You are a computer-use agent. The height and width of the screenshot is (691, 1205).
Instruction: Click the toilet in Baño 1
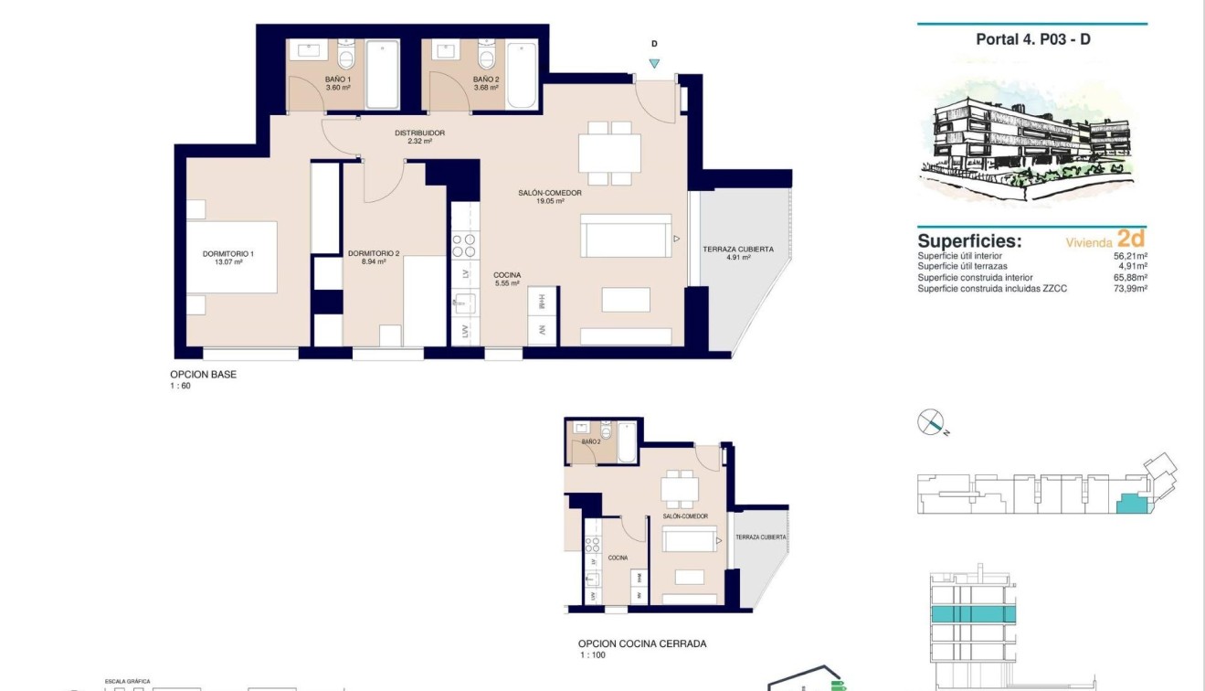345,57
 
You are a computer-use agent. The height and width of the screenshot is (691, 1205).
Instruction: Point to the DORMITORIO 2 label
374,253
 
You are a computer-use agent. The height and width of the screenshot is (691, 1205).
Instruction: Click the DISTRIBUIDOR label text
419,133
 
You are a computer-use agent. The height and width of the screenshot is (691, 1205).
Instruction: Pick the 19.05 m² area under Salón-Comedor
549,202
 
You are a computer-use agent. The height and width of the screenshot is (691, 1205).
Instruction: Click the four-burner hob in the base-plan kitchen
464,245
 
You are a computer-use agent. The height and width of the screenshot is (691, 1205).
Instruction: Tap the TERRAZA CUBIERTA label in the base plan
738,250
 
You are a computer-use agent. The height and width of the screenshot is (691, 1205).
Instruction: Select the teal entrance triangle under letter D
654,63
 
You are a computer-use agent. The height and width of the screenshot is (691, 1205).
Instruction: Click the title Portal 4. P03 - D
1032,39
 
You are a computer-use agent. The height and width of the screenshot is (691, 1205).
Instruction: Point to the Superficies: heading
969,241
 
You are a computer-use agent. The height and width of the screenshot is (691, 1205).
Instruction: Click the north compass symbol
931,422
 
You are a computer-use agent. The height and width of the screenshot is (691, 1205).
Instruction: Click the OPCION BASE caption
203,375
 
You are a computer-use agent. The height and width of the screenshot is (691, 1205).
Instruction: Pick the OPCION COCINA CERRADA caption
641,643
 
